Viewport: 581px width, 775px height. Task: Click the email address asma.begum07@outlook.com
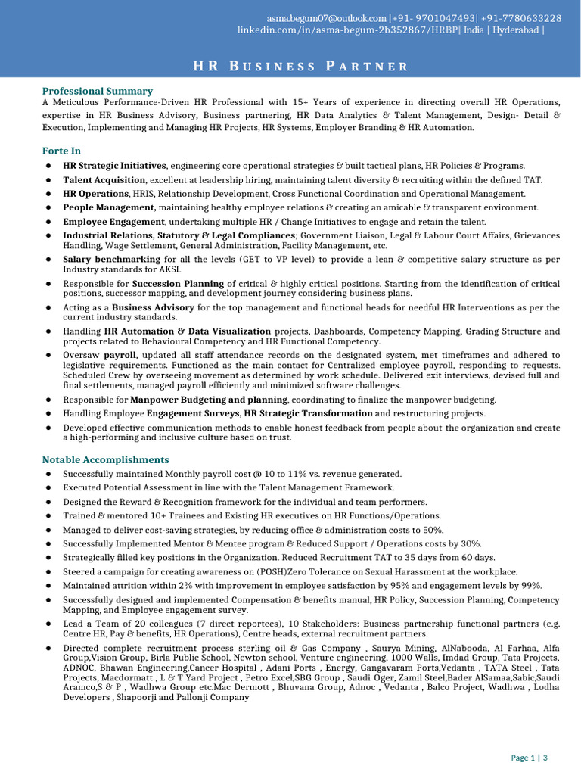click(327, 17)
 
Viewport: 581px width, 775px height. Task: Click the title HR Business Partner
click(300, 67)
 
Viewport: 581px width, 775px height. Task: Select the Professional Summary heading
click(97, 91)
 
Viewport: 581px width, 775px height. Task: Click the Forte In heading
click(61, 151)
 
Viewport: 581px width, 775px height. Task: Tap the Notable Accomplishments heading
click(105, 459)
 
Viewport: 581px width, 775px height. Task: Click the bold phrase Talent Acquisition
click(104, 180)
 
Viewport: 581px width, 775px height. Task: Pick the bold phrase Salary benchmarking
click(111, 259)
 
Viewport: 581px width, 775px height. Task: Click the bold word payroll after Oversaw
click(120, 354)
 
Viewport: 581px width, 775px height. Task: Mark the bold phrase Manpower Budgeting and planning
click(208, 399)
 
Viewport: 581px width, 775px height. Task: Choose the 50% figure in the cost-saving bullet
click(433, 530)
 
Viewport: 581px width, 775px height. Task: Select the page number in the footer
click(530, 758)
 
